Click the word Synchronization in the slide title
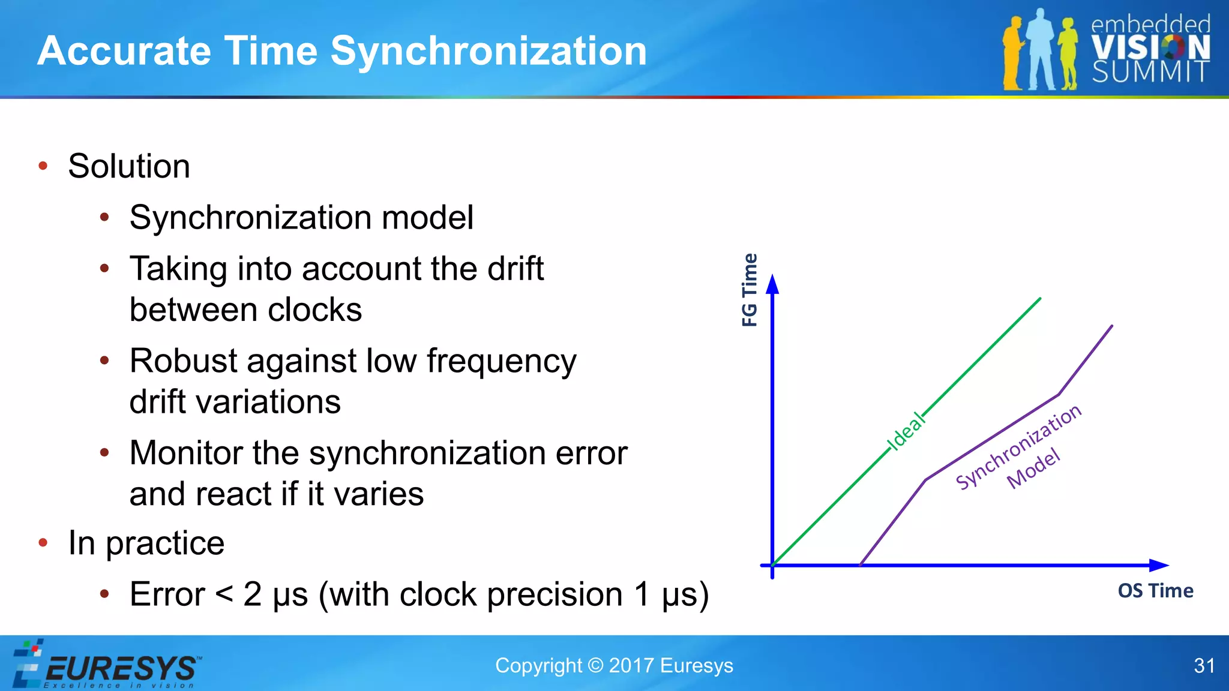pyautogui.click(x=488, y=51)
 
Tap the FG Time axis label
pyautogui.click(x=750, y=290)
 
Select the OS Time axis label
pyautogui.click(x=1155, y=591)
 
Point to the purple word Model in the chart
pyautogui.click(x=1033, y=468)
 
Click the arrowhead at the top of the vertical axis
pyautogui.click(x=773, y=284)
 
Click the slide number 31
pyautogui.click(x=1204, y=666)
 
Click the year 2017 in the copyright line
pyautogui.click(x=631, y=666)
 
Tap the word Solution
pyautogui.click(x=129, y=166)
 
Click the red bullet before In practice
pyautogui.click(x=43, y=543)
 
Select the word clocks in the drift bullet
pyautogui.click(x=314, y=310)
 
